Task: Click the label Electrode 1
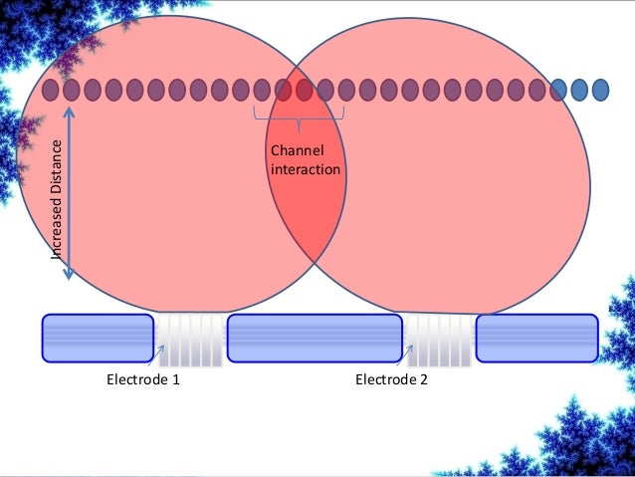coord(143,379)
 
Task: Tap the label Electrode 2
coord(391,379)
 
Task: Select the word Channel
coord(291,150)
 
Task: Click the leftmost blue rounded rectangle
coord(98,338)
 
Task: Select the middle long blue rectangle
coord(317,338)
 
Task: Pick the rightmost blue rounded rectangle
coord(536,338)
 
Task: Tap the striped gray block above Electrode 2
coord(439,339)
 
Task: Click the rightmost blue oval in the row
coord(601,90)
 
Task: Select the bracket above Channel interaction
coord(299,121)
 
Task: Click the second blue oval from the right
coord(580,90)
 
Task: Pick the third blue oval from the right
coord(559,90)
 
